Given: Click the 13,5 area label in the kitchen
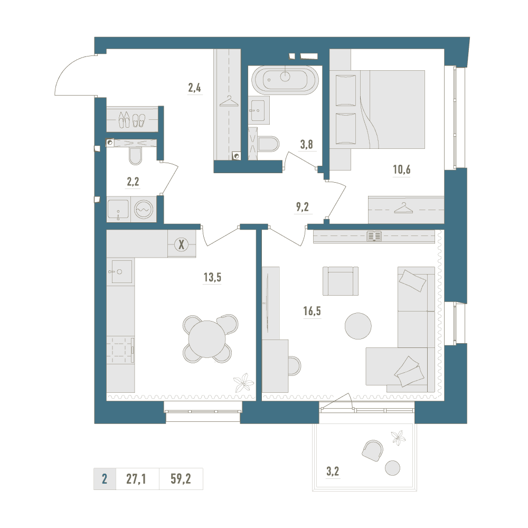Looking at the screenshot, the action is click(x=212, y=278).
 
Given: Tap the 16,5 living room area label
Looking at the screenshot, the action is click(x=312, y=311).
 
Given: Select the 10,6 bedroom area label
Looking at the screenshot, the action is click(x=402, y=169).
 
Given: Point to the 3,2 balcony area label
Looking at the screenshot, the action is click(x=333, y=472).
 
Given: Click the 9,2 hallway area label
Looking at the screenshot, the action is click(x=303, y=207).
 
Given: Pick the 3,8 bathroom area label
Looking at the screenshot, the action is click(x=306, y=145).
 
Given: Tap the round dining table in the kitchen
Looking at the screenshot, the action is click(x=207, y=338).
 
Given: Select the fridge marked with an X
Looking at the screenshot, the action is click(x=182, y=244).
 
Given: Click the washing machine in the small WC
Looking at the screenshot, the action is click(x=144, y=210).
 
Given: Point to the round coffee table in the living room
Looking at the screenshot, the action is click(x=358, y=326).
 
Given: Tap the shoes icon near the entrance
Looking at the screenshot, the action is click(x=132, y=119).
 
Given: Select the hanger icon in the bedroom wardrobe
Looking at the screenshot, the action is click(x=403, y=208).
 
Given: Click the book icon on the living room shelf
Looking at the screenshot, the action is click(x=374, y=236).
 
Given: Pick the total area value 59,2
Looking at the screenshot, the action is click(x=181, y=478).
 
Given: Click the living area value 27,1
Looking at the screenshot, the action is click(x=136, y=478).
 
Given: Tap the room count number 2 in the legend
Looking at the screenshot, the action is click(x=105, y=478).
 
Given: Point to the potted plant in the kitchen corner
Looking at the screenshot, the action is click(x=243, y=382).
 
